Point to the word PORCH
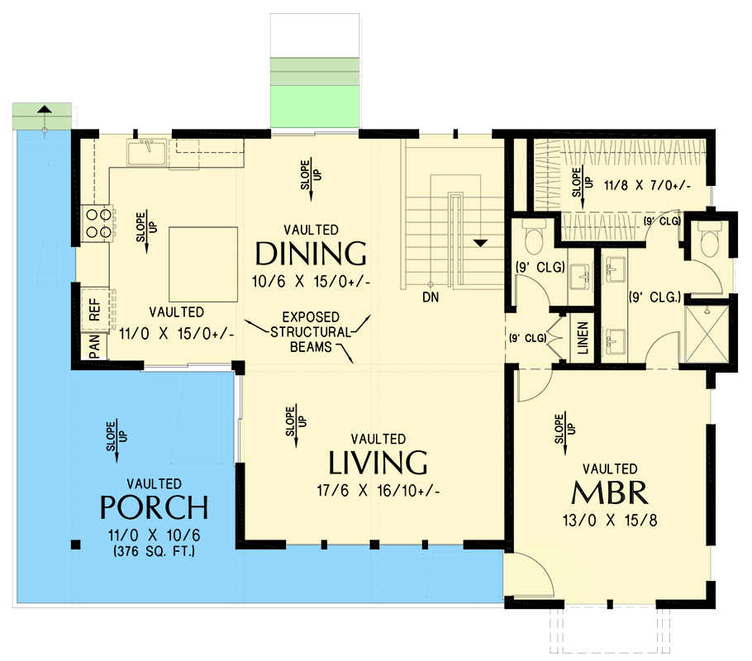pyautogui.click(x=155, y=506)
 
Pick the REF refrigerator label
pyautogui.click(x=94, y=310)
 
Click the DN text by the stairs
pyautogui.click(x=430, y=296)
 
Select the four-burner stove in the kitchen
pyautogui.click(x=96, y=222)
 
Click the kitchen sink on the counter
pyautogui.click(x=147, y=152)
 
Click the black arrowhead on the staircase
pyautogui.click(x=480, y=243)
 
